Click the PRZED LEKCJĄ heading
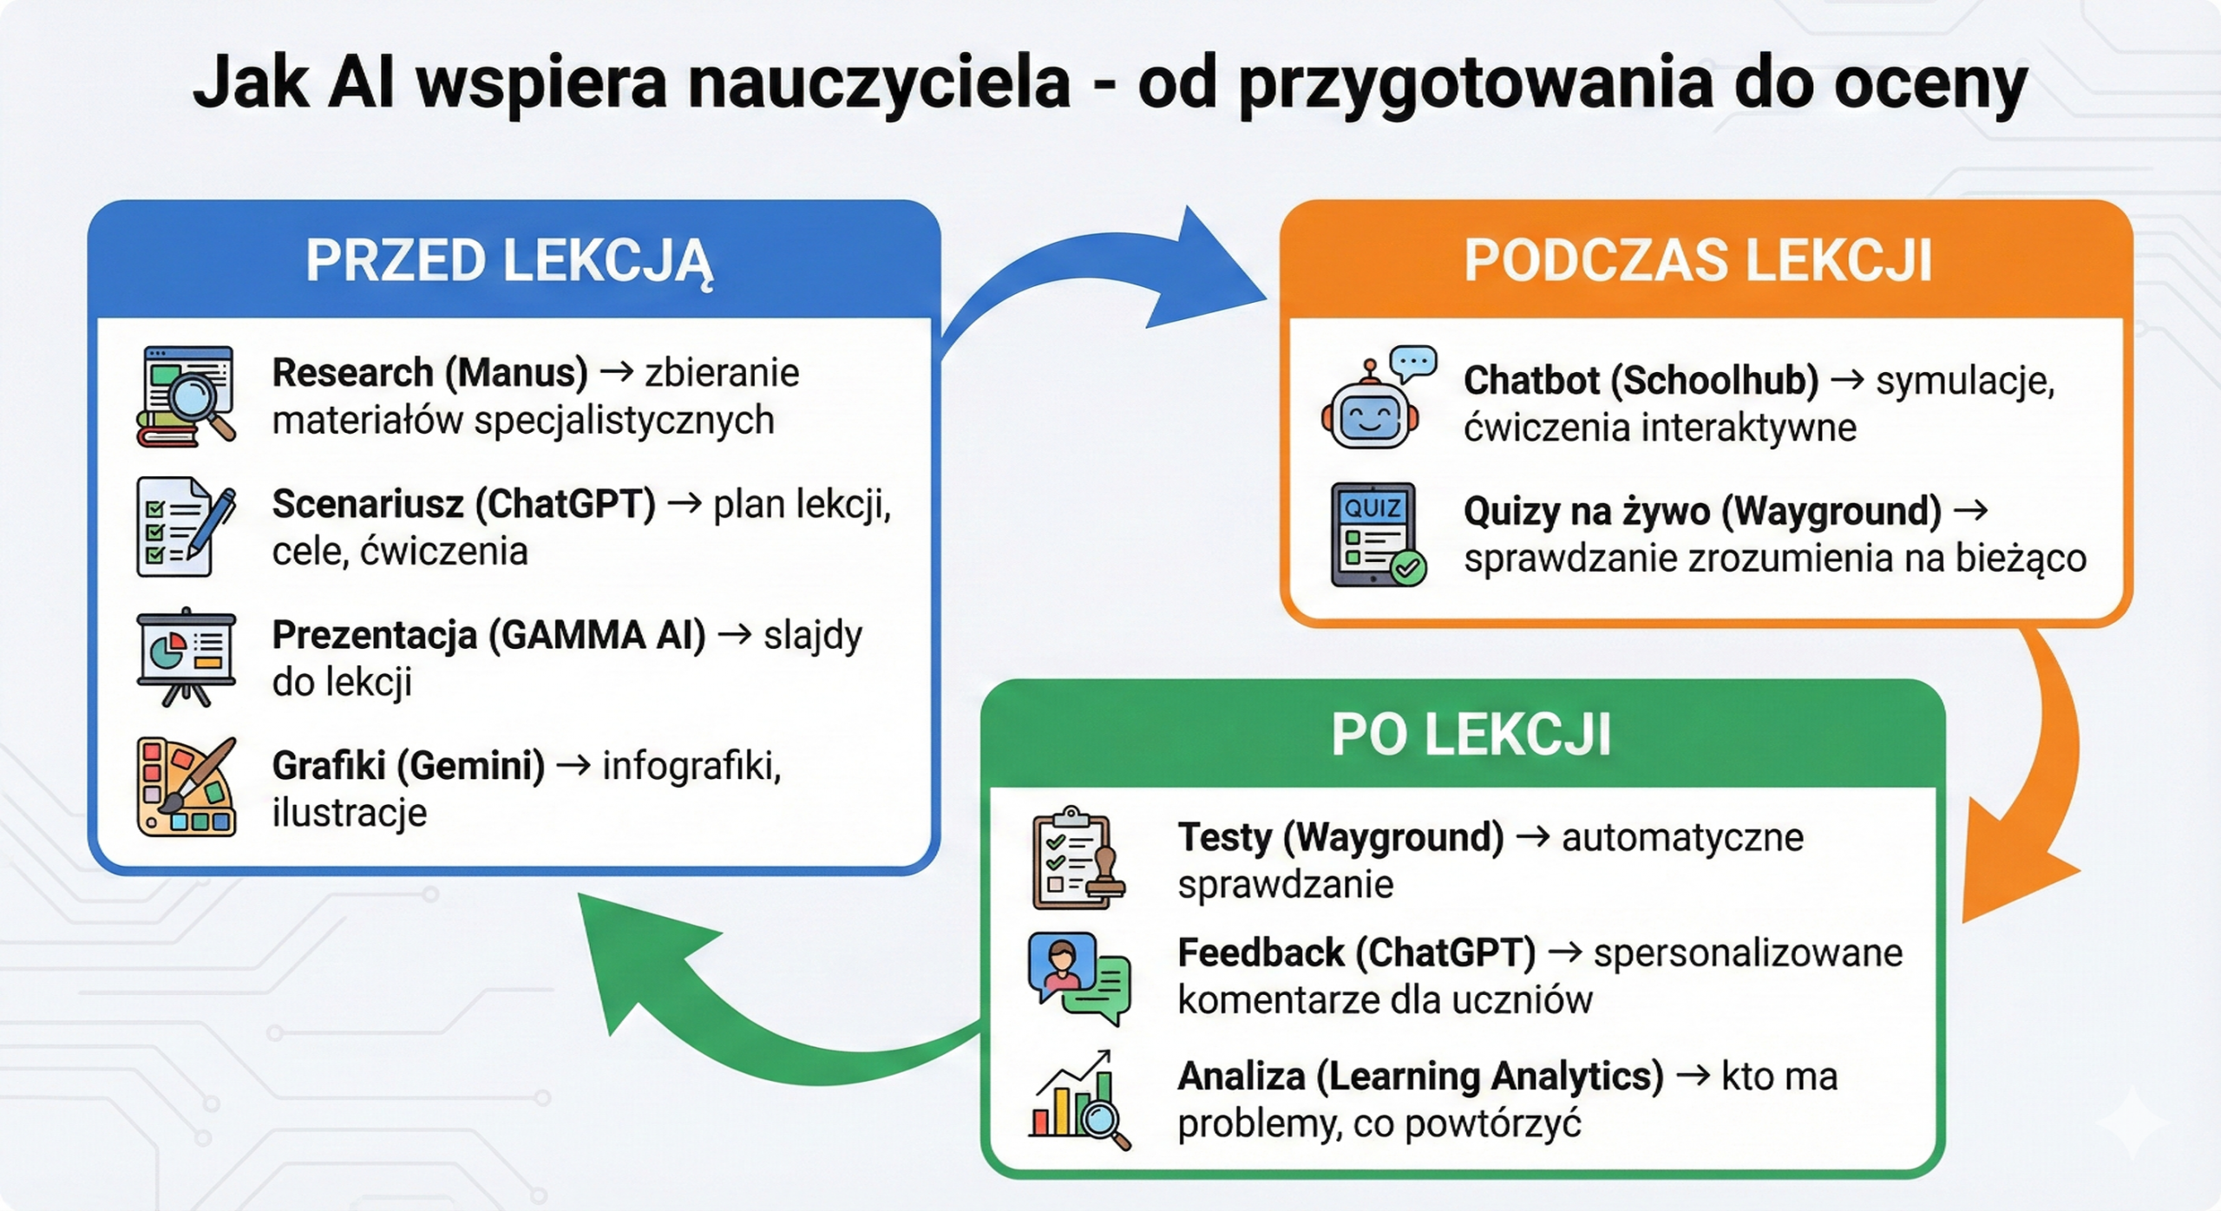[509, 261]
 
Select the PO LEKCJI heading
[1471, 735]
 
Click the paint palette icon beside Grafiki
[187, 787]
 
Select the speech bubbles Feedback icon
[1079, 979]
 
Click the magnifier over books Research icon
[186, 396]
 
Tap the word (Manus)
[516, 374]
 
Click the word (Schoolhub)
[1714, 381]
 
